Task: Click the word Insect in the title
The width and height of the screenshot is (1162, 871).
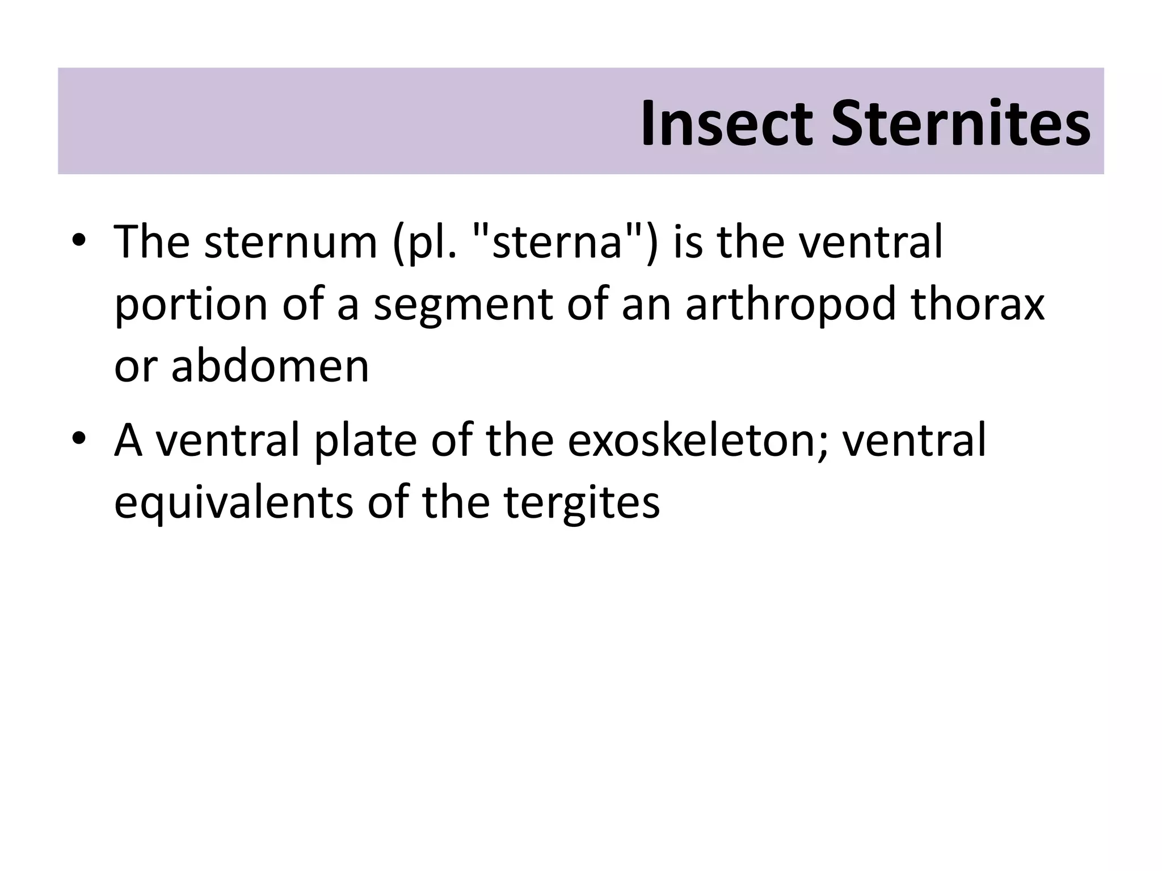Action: [x=727, y=124]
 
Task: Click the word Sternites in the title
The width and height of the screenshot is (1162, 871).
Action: [x=960, y=124]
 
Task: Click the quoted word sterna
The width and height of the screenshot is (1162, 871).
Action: [x=558, y=242]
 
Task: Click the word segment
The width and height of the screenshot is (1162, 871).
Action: [x=463, y=305]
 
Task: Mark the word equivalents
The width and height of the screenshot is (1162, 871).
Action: [x=233, y=502]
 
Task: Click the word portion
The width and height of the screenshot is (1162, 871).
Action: [x=191, y=305]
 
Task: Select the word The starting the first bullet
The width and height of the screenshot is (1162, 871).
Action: [x=152, y=242]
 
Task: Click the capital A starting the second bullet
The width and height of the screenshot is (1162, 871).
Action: [x=128, y=440]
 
